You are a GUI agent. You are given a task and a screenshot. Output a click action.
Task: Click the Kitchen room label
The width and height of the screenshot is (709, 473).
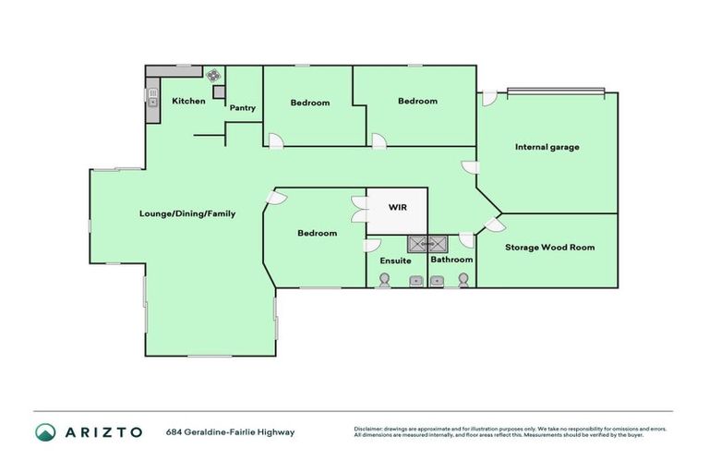(188, 101)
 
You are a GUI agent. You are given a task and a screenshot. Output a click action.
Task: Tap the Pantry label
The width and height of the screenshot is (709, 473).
(243, 108)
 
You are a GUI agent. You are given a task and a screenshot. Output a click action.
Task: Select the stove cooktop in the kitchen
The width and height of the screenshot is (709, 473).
(213, 77)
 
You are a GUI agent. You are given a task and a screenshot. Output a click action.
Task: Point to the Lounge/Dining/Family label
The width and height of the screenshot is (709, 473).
(187, 213)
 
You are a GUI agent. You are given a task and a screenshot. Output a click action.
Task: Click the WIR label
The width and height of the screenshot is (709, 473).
(397, 208)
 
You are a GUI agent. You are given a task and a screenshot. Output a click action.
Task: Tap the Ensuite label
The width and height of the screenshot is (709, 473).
(395, 261)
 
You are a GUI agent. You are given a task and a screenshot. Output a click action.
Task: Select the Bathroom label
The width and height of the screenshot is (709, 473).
(451, 260)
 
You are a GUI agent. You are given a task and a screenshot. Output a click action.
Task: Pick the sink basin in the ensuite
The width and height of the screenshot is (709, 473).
(415, 281)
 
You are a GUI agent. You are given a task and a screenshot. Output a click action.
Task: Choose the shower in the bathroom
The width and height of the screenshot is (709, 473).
(438, 244)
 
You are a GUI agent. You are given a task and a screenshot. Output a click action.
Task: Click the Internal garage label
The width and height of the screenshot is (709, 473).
(547, 147)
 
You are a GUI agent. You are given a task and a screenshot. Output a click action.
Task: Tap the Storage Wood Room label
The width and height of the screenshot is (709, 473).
(549, 247)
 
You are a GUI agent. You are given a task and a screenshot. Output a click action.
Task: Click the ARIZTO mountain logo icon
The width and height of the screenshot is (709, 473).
(45, 431)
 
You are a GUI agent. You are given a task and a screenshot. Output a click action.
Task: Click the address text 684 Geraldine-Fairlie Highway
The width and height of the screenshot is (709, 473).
(230, 431)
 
